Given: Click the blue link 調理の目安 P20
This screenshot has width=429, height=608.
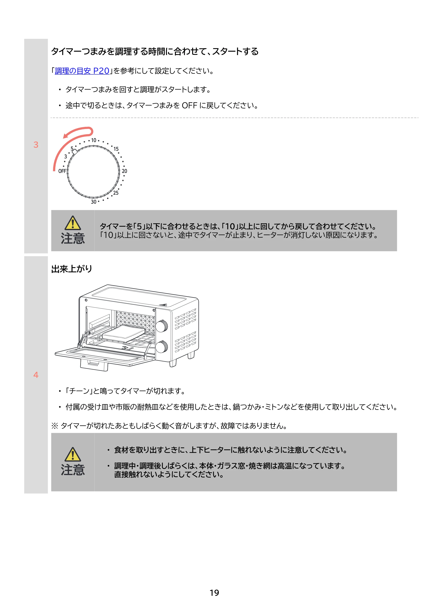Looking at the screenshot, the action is click(82, 71).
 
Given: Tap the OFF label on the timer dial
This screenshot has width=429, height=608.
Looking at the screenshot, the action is click(62, 171).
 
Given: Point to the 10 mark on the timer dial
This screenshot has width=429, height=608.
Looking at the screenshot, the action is click(94, 140).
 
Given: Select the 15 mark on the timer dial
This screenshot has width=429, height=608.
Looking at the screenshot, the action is click(116, 149).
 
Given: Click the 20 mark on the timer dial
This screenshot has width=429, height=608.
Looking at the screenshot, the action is click(124, 171).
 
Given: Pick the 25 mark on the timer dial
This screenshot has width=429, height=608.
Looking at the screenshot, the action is click(116, 193).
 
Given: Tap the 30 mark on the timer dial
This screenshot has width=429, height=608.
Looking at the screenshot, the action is click(94, 202).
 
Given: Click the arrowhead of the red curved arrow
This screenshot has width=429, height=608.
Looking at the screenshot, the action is click(66, 136).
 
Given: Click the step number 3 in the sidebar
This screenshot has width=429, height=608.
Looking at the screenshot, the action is click(36, 145).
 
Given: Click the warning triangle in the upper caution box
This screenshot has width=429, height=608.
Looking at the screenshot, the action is click(73, 223).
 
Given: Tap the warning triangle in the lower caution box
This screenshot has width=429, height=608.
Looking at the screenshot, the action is click(73, 454).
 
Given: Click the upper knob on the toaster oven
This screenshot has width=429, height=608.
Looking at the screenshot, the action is click(162, 326).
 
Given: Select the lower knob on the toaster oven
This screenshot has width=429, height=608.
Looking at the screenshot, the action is click(162, 347).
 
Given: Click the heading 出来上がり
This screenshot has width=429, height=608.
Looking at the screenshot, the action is click(72, 269).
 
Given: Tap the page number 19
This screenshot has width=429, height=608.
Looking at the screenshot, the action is click(214, 593).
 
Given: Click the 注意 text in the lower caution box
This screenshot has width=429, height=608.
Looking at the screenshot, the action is click(73, 470).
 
